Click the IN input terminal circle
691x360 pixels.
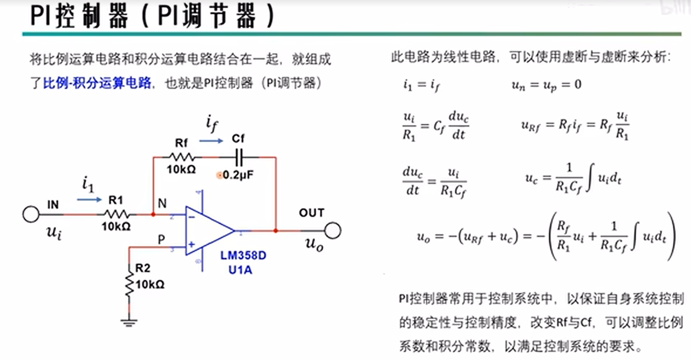31,214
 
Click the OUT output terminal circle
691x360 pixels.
333,231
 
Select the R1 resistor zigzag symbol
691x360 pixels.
117,214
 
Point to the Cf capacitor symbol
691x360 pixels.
239,157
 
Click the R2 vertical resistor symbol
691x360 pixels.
129,284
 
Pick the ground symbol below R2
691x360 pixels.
129,323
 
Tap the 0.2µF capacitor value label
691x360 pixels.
238,175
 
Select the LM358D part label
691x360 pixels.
243,256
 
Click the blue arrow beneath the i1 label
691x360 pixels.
89,200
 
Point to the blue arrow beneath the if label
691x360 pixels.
211,141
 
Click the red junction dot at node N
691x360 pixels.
153,215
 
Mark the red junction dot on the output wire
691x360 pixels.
276,231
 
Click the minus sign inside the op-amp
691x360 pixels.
192,217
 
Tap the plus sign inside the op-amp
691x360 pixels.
192,244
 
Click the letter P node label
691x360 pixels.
161,240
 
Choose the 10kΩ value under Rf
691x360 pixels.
181,169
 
